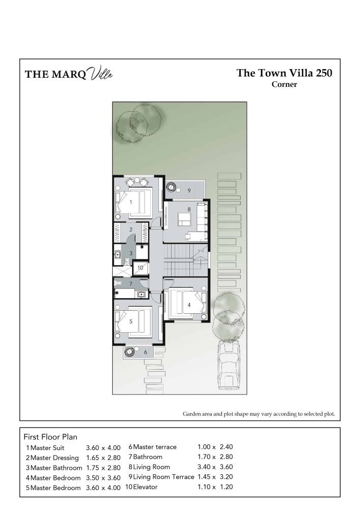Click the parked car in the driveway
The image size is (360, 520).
(230, 365)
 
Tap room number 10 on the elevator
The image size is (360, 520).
(140, 268)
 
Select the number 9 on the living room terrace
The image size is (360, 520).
(189, 191)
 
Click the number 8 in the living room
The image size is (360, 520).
(189, 209)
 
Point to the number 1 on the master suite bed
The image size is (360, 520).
(131, 202)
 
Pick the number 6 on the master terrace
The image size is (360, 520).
(145, 352)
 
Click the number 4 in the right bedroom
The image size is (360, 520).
(189, 305)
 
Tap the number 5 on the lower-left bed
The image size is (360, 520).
(131, 321)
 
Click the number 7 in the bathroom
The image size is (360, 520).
(130, 284)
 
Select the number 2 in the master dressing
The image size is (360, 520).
(131, 230)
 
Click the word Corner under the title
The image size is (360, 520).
(284, 84)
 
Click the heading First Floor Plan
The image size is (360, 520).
(50, 437)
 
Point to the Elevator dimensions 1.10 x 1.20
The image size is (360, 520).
(215, 487)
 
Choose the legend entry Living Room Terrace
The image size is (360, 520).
(163, 477)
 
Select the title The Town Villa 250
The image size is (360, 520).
(284, 73)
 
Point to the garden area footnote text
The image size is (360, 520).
(259, 414)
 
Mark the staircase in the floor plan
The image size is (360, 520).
(186, 260)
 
